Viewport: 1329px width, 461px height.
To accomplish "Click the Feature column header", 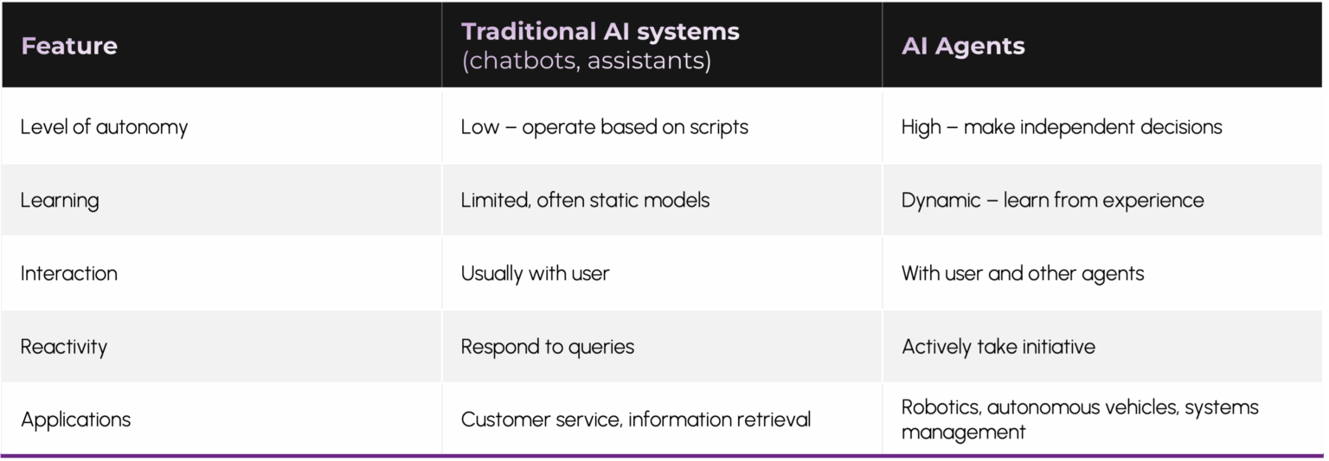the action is point(69,47).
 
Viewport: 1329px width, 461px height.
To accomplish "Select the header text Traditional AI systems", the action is point(600,31).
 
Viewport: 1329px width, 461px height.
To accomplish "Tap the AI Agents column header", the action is point(963,47).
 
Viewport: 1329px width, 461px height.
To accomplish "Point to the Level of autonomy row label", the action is point(105,127).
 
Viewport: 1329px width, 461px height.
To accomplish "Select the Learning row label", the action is point(60,201).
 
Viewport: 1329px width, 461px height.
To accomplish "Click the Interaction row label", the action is point(69,273).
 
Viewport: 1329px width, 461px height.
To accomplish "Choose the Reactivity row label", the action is point(64,347).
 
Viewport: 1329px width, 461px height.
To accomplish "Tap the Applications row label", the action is point(76,420).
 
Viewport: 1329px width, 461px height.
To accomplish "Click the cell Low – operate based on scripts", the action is point(605,127).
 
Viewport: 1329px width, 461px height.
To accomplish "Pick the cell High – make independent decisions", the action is point(1062,127).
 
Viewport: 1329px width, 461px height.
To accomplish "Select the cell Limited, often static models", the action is point(586,201).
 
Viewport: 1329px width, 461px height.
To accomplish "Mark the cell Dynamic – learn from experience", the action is point(1053,201).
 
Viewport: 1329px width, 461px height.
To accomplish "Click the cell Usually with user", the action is point(536,273).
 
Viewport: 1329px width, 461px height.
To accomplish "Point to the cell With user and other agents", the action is point(1023,273).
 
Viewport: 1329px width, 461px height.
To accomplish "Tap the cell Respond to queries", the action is point(548,347).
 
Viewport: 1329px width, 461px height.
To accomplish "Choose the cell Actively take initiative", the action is point(998,347).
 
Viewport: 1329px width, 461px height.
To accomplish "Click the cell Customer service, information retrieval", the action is point(636,420).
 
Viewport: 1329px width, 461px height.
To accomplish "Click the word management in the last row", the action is point(964,432).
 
